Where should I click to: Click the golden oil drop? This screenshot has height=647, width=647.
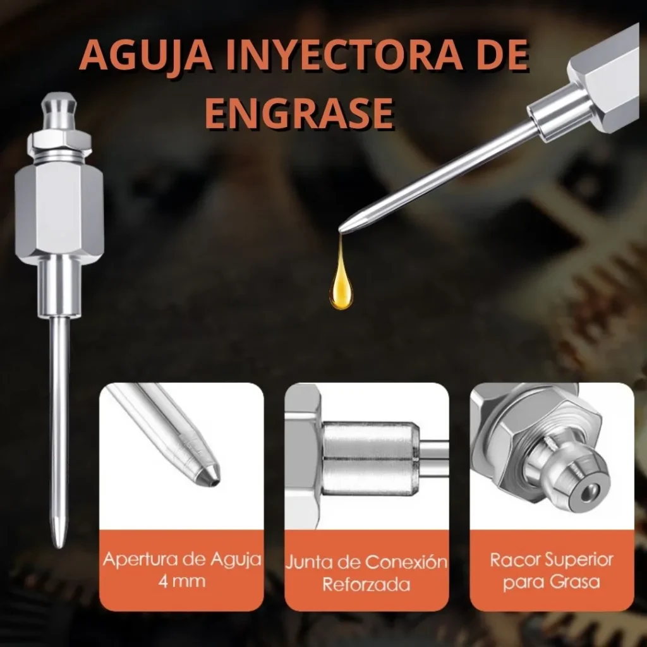tap(341, 285)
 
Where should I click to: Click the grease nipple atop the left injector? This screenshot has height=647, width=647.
tap(60, 111)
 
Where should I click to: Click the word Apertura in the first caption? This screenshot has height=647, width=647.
tap(141, 560)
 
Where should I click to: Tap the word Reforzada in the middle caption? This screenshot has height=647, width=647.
tap(366, 584)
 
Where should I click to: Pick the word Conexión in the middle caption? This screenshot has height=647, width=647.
tap(406, 562)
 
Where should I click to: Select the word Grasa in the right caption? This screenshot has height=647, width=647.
tap(575, 582)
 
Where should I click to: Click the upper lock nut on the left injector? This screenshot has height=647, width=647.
tap(59, 141)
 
